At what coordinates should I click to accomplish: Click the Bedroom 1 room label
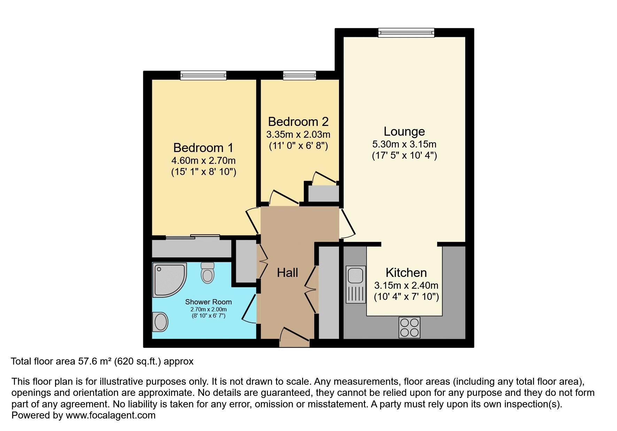pos(203,148)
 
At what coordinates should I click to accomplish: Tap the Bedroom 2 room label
pos(298,122)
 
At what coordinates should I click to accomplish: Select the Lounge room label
pos(404,131)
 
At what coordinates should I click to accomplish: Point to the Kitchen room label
pos(406,272)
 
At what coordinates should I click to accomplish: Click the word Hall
pos(287,273)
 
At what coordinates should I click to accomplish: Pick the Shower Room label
pos(208,302)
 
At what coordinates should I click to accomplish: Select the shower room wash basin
pos(160,321)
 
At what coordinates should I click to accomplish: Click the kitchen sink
pos(356,284)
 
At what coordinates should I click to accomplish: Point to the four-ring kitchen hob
pos(409,327)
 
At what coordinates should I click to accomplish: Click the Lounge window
pos(406,33)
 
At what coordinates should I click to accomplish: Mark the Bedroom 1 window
pos(203,75)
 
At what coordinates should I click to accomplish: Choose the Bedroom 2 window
pos(300,75)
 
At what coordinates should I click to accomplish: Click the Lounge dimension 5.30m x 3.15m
pos(404,144)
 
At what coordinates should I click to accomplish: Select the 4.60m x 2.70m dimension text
pos(203,161)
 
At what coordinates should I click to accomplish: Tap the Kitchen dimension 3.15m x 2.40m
pos(406,286)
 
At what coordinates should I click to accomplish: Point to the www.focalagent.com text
pos(110,415)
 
